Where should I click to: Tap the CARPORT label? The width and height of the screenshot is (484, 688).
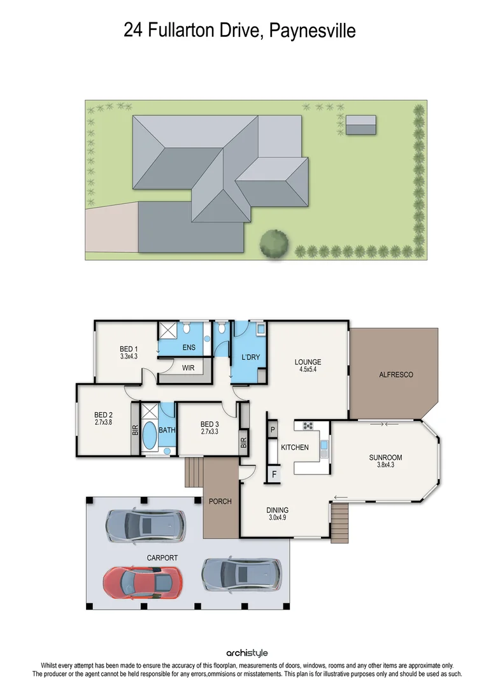pos(162,557)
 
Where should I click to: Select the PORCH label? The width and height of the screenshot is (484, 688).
pos(220,501)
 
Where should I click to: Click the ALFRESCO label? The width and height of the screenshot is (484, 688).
pos(395,375)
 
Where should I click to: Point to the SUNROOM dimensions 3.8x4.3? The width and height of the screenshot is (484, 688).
pos(386,465)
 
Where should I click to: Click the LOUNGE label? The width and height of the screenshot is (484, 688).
pos(308,362)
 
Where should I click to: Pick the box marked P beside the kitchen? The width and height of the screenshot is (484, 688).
pos(272,430)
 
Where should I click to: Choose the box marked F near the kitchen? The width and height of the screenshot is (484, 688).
pos(273,474)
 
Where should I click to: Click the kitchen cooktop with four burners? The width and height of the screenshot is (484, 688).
pos(308,426)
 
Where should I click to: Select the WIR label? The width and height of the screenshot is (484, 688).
pos(188,368)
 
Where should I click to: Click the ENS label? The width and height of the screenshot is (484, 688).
pos(189,347)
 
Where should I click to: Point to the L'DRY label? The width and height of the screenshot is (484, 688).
pos(250,357)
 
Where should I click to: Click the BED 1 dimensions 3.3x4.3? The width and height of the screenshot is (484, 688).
pos(129,357)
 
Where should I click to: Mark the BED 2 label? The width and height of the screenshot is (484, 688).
pos(103,414)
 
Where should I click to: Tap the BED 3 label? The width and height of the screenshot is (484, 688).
pos(210,424)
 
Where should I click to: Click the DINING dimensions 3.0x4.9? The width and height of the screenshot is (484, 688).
pos(277,518)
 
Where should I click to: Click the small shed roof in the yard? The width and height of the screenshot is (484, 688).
pos(361,124)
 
